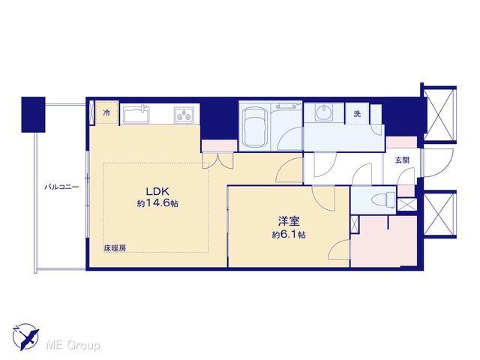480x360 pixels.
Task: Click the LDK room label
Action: click(x=157, y=192)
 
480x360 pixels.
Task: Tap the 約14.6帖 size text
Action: click(x=157, y=203)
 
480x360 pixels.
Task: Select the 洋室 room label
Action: click(x=289, y=221)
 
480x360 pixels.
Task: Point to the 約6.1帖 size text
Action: click(x=289, y=235)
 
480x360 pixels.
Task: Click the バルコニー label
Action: click(x=61, y=187)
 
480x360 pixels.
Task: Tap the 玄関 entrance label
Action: click(x=402, y=160)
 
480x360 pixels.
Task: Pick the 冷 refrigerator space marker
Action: click(x=106, y=113)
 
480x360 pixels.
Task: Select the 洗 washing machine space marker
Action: click(x=357, y=114)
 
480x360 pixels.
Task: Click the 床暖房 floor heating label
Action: click(x=115, y=248)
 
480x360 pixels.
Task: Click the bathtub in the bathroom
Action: click(x=255, y=126)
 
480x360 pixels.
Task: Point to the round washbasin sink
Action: click(x=324, y=112)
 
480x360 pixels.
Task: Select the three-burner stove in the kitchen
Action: click(x=184, y=115)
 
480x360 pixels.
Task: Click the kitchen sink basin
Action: click(x=136, y=114)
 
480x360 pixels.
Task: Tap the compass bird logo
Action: click(x=25, y=337)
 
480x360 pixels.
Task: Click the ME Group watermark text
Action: click(x=73, y=346)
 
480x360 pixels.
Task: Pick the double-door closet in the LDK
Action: click(x=218, y=160)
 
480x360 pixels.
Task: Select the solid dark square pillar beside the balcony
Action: click(x=33, y=115)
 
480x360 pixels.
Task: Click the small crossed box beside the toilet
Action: click(x=406, y=205)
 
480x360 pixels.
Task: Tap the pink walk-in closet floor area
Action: click(x=384, y=241)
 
